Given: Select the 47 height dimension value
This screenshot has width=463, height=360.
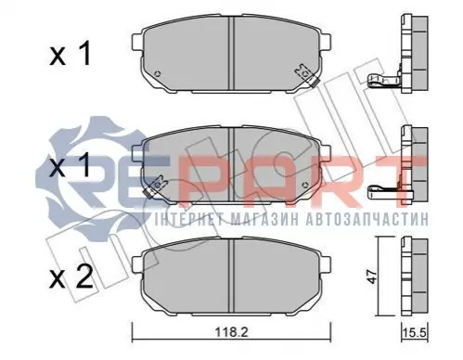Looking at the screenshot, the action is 373,276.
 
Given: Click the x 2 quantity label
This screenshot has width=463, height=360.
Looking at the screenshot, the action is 71,277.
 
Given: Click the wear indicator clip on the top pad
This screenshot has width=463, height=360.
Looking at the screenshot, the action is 305,74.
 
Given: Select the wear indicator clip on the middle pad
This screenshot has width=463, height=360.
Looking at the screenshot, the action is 156,186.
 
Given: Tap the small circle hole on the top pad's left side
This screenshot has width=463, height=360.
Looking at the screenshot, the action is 158,74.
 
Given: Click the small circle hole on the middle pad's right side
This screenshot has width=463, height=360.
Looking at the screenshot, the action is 305,186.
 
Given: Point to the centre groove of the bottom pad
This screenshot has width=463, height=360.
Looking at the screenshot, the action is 231,276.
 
